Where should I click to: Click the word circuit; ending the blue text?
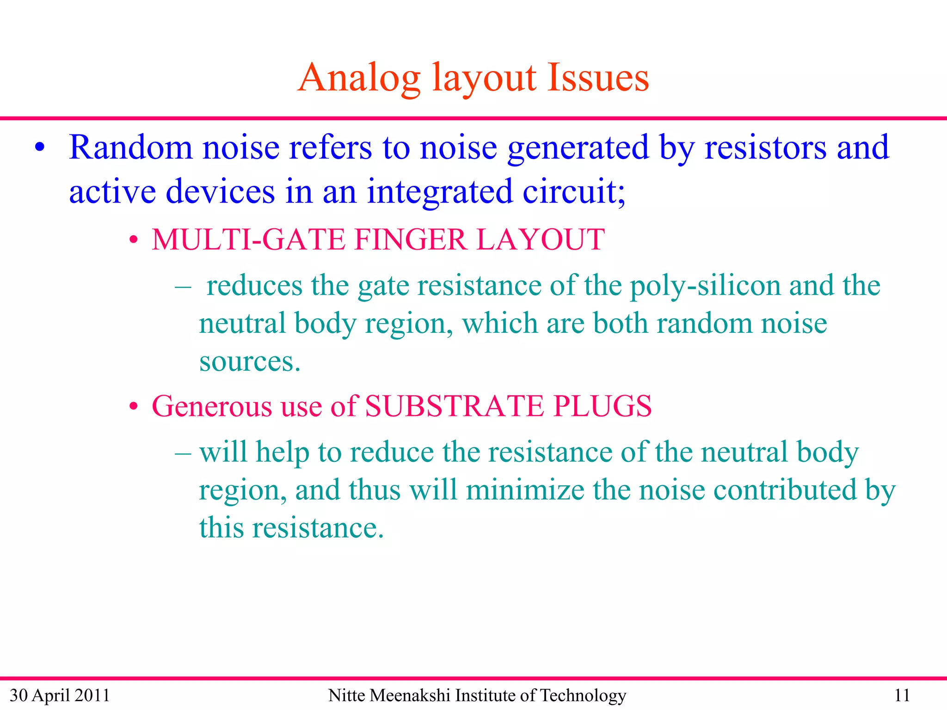tap(574, 191)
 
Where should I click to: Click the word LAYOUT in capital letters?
tap(541, 239)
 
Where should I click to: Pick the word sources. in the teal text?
tap(250, 361)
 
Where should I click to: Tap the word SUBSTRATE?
tap(454, 406)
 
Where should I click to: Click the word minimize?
tap(525, 490)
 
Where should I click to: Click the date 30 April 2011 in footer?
tap(60, 695)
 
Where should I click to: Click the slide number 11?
tap(902, 695)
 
